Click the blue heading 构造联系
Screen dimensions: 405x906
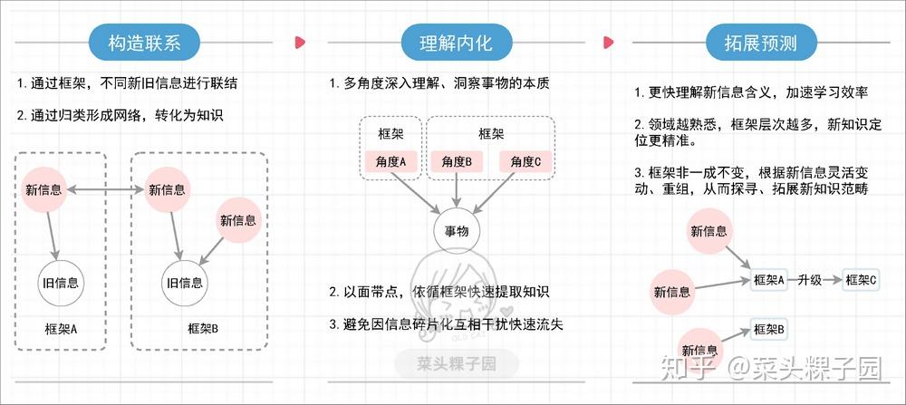[145, 42]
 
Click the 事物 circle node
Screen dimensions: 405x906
[456, 232]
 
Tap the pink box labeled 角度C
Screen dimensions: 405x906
[525, 162]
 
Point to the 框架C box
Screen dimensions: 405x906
[861, 280]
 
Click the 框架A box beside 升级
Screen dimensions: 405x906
[769, 280]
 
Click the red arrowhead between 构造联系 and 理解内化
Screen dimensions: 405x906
[300, 42]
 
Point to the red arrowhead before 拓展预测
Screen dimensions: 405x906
[610, 42]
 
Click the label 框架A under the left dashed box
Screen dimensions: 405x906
[62, 327]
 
